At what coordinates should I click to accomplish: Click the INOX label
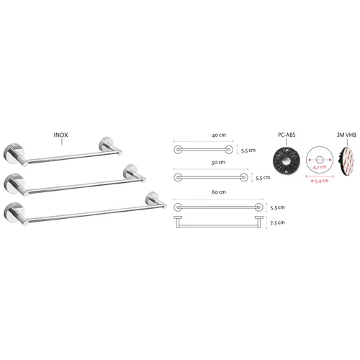(60, 135)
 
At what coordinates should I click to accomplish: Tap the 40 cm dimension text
(219, 135)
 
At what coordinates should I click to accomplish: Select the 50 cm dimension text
(218, 163)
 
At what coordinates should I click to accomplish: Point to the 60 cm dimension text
(219, 192)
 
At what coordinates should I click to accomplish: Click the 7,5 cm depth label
(277, 222)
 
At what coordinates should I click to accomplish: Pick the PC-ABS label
(287, 135)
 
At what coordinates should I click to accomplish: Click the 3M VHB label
(346, 135)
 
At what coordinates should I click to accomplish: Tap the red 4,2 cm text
(320, 167)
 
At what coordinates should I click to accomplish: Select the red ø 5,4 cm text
(320, 181)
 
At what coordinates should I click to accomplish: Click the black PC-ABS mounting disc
(287, 161)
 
